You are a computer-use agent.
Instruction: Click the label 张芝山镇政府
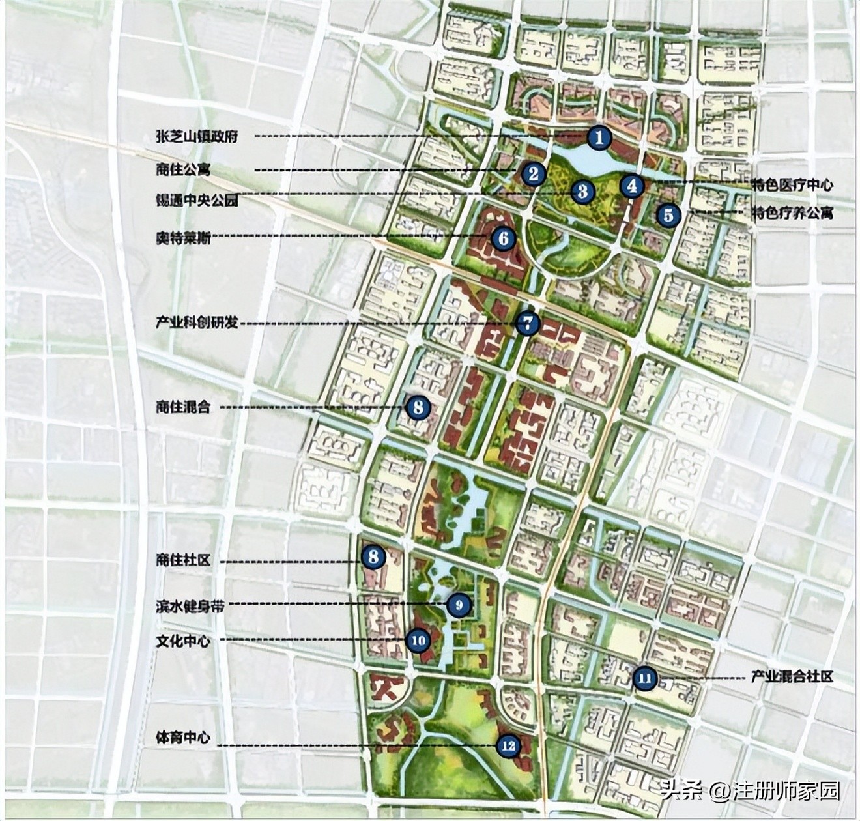[x=196, y=136]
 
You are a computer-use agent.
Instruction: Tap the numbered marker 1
[x=599, y=137]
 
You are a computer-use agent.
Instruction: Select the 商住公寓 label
[x=183, y=170]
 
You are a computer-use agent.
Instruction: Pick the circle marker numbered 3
[x=582, y=191]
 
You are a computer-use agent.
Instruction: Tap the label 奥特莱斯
[x=183, y=238]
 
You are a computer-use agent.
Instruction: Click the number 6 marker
[x=504, y=238]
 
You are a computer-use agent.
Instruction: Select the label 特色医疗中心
[x=792, y=185]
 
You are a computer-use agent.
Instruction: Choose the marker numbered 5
[x=668, y=214]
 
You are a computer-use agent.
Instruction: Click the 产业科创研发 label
[x=196, y=323]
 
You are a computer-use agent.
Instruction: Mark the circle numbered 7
[x=527, y=323]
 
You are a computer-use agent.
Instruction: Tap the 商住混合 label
[x=183, y=407]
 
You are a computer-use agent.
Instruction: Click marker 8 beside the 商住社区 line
[x=373, y=556]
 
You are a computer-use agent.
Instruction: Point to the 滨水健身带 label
[x=190, y=605]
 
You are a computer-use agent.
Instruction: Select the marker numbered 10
[x=418, y=641]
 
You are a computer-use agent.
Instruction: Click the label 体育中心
[x=183, y=738]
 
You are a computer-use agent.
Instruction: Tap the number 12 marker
[x=508, y=745]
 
